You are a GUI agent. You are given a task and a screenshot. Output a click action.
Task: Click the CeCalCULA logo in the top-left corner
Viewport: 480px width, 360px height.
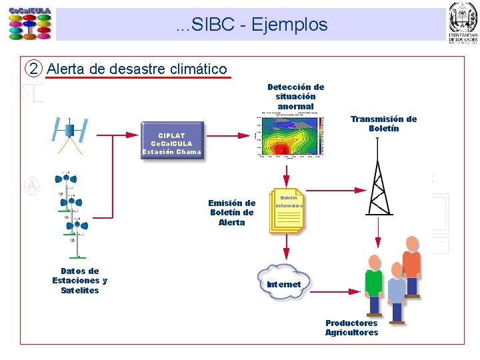(29, 24)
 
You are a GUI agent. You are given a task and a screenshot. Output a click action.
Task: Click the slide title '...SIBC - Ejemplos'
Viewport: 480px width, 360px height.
(252, 25)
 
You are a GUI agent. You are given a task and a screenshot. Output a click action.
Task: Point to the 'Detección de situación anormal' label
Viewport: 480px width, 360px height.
(295, 97)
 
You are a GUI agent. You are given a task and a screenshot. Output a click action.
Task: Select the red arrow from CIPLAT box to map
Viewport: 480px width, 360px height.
(228, 135)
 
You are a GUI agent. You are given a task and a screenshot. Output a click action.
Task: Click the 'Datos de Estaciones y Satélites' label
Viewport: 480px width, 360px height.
(79, 281)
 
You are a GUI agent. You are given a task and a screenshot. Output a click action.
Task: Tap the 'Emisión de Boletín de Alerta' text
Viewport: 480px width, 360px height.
(231, 213)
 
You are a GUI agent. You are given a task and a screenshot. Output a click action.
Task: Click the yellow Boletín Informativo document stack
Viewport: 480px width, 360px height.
(287, 211)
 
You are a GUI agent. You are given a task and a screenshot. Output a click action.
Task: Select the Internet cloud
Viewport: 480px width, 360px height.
(284, 283)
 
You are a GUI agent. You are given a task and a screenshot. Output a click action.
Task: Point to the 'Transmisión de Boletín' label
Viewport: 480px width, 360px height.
(383, 123)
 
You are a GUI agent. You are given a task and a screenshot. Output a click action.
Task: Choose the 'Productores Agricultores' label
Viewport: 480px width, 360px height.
(351, 328)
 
